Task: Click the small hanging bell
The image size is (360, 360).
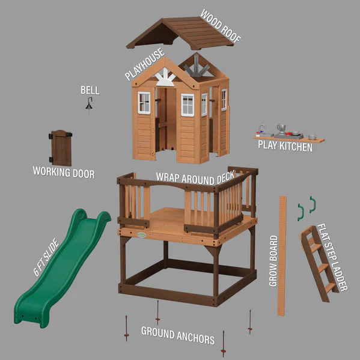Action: pos(90,106)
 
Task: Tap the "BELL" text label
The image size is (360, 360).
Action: pos(90,90)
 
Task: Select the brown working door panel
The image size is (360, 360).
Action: pos(61,147)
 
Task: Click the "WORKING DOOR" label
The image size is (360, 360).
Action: pos(63,173)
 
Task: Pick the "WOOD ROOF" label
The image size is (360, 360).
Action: pos(221,26)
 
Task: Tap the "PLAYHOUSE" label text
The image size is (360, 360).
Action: pos(145,64)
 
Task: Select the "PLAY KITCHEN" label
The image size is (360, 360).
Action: pos(285,145)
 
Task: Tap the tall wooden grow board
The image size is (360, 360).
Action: pos(282,255)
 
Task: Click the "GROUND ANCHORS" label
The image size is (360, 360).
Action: pos(177,336)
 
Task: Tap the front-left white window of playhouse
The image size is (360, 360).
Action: pos(144,103)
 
